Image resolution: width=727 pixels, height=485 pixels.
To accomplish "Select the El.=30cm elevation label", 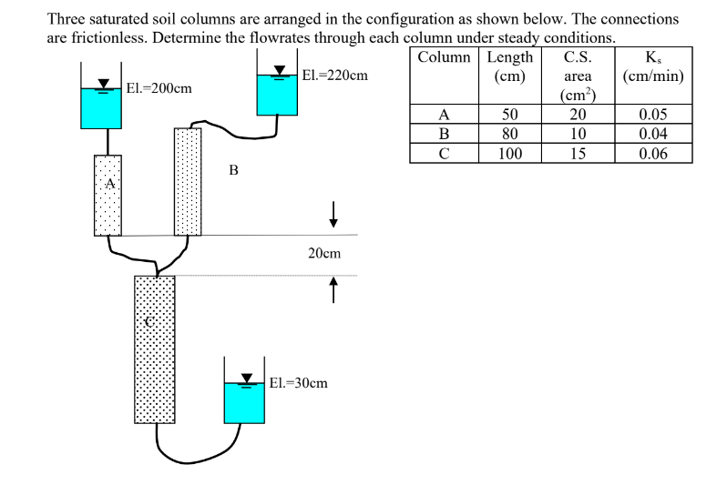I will click(x=298, y=383).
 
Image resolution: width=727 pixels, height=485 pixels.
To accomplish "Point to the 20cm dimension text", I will click(x=324, y=254).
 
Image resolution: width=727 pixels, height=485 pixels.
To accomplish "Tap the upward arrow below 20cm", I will click(x=334, y=289).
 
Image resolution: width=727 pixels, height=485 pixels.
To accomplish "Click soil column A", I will click(x=108, y=195).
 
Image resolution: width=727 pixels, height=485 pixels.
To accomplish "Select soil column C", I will click(x=154, y=349).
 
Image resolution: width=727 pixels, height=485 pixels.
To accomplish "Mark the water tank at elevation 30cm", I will click(x=244, y=401).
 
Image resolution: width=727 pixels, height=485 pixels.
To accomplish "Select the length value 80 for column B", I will click(x=510, y=134).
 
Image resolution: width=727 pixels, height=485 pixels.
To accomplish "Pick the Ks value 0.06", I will click(x=652, y=153).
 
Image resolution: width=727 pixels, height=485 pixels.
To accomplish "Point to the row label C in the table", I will click(x=444, y=153).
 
